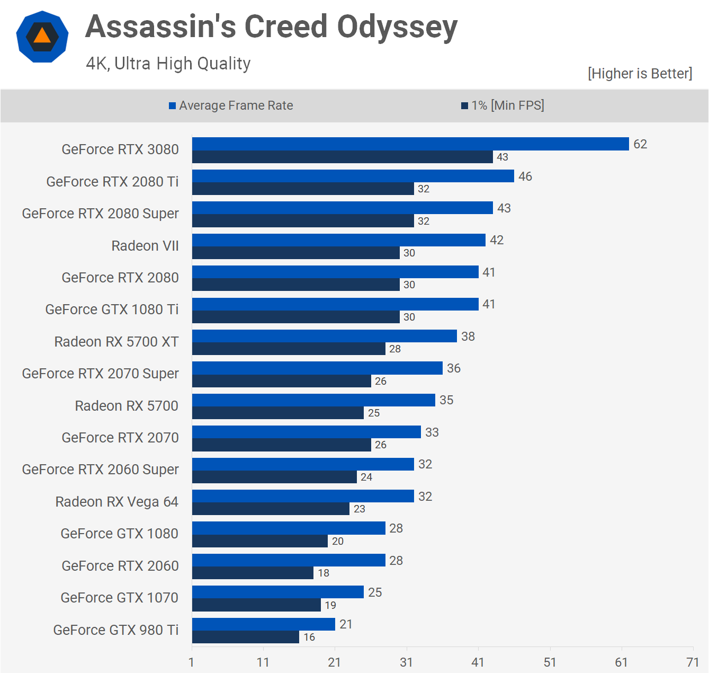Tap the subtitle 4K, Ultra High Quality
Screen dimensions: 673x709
[x=168, y=64]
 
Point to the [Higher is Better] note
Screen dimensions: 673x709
[x=640, y=73]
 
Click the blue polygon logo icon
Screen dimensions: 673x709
[x=42, y=37]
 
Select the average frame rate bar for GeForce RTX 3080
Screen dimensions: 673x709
[x=410, y=144]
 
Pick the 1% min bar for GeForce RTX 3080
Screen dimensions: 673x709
[x=342, y=157]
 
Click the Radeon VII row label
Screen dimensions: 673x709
[x=145, y=246]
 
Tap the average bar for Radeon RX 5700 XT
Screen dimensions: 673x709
[x=324, y=336]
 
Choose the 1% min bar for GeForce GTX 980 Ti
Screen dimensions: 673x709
[x=246, y=637]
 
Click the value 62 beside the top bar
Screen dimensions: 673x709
[x=640, y=144]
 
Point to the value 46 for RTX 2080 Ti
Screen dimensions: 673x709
[x=525, y=176]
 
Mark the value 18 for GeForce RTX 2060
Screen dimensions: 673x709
[x=324, y=573]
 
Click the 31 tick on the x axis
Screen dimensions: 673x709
[x=406, y=662]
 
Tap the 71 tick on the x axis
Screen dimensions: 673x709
[x=693, y=662]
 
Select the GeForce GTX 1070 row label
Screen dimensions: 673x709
[x=120, y=598]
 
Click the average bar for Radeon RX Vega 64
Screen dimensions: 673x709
[x=303, y=496]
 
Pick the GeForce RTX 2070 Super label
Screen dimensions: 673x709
[x=101, y=374]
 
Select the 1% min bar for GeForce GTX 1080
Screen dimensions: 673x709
[x=260, y=541]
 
